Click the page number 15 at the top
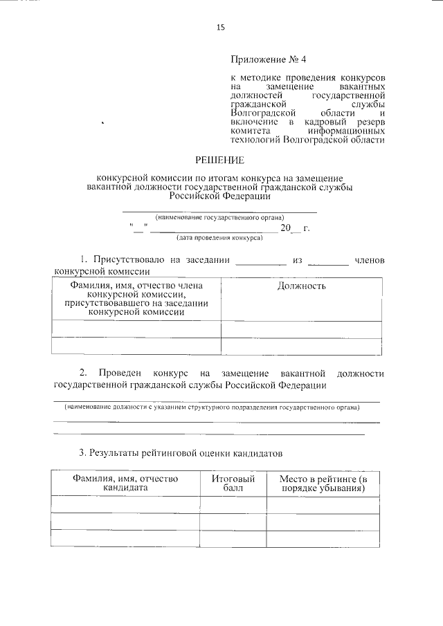221,27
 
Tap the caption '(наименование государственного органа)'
219,217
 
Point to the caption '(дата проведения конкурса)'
219,237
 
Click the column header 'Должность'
301,286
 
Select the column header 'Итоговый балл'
233,482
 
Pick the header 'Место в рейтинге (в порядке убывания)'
323,482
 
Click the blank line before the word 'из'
260,264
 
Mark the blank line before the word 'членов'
328,264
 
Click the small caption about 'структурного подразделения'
212,408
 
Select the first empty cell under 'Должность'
300,329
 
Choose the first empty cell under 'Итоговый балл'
233,505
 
